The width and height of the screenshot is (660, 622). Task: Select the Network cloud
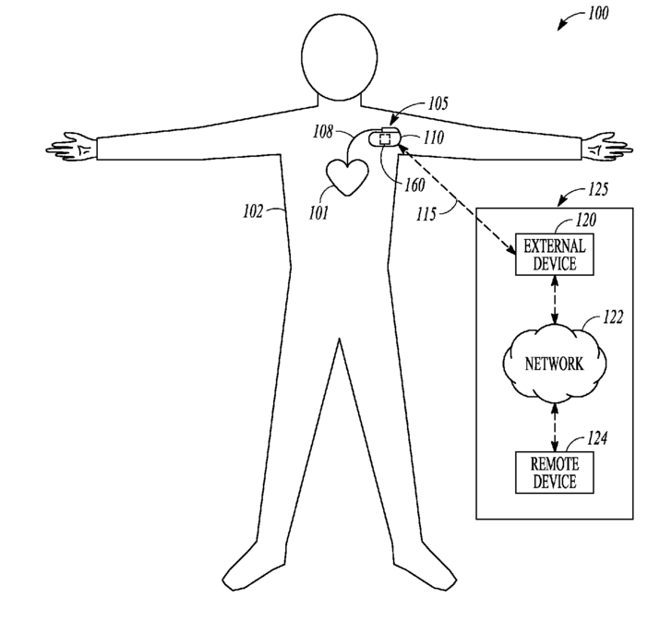[x=554, y=363]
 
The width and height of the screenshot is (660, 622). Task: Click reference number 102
[x=253, y=210]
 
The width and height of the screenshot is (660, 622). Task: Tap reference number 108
[x=322, y=132]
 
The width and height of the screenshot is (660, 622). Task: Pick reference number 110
[x=433, y=138]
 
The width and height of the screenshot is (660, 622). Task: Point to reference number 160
[x=414, y=185]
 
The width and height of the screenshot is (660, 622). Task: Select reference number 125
[x=598, y=190]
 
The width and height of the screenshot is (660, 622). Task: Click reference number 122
[x=612, y=317]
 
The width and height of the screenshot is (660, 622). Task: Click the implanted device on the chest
[x=385, y=140]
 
